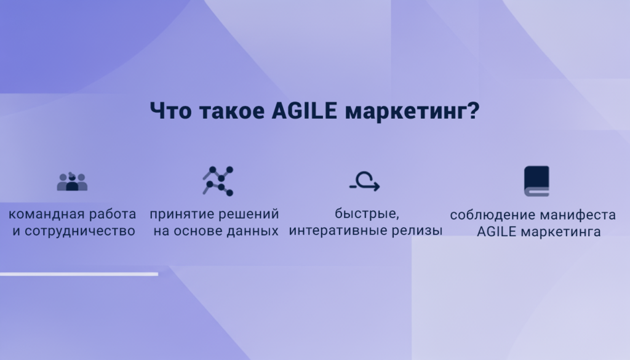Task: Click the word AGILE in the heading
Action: [304, 110]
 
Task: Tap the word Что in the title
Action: [171, 110]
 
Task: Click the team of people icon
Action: [73, 182]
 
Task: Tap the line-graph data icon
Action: [218, 181]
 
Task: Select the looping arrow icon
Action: [364, 182]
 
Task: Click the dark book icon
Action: [536, 181]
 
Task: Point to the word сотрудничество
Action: [79, 231]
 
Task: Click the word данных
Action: [252, 231]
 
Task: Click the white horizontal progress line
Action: [79, 274]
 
